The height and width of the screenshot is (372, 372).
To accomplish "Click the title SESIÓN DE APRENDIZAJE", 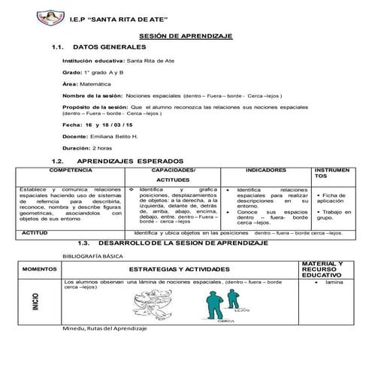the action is pyautogui.click(x=186, y=36).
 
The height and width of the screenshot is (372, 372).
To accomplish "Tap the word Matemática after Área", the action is pyautogui.click(x=94, y=84).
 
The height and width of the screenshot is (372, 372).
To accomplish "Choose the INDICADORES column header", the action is pyautogui.click(x=265, y=171).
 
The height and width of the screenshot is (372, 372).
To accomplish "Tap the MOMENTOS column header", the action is pyautogui.click(x=35, y=269).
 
